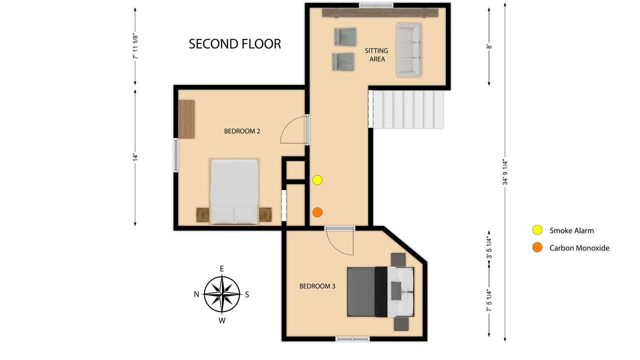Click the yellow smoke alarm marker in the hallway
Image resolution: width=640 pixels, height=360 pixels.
click(317, 180)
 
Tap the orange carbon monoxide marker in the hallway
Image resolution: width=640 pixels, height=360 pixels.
click(317, 212)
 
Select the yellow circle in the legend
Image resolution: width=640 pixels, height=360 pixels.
click(537, 230)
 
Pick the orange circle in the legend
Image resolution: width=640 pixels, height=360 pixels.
click(537, 247)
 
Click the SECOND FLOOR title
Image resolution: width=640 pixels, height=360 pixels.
click(235, 44)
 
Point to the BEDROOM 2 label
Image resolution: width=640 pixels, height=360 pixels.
click(242, 131)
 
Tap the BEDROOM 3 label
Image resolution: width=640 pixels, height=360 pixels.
click(317, 286)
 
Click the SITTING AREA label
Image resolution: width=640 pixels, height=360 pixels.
click(376, 55)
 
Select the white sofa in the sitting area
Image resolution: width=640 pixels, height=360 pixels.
click(409, 50)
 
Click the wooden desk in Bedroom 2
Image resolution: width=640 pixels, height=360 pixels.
click(186, 119)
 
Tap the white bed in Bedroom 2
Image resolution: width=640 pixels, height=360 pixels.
click(234, 191)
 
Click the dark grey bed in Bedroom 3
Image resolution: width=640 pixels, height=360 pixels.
click(380, 291)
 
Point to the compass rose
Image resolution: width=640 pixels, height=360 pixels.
click(222, 294)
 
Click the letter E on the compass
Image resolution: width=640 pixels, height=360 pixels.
click(221, 268)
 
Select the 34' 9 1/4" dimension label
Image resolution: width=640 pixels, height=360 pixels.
click(505, 172)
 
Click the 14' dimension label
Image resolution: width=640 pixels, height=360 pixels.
click(135, 157)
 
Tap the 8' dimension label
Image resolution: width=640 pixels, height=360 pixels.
click(489, 46)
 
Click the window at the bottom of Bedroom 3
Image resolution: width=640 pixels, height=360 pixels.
click(352, 339)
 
